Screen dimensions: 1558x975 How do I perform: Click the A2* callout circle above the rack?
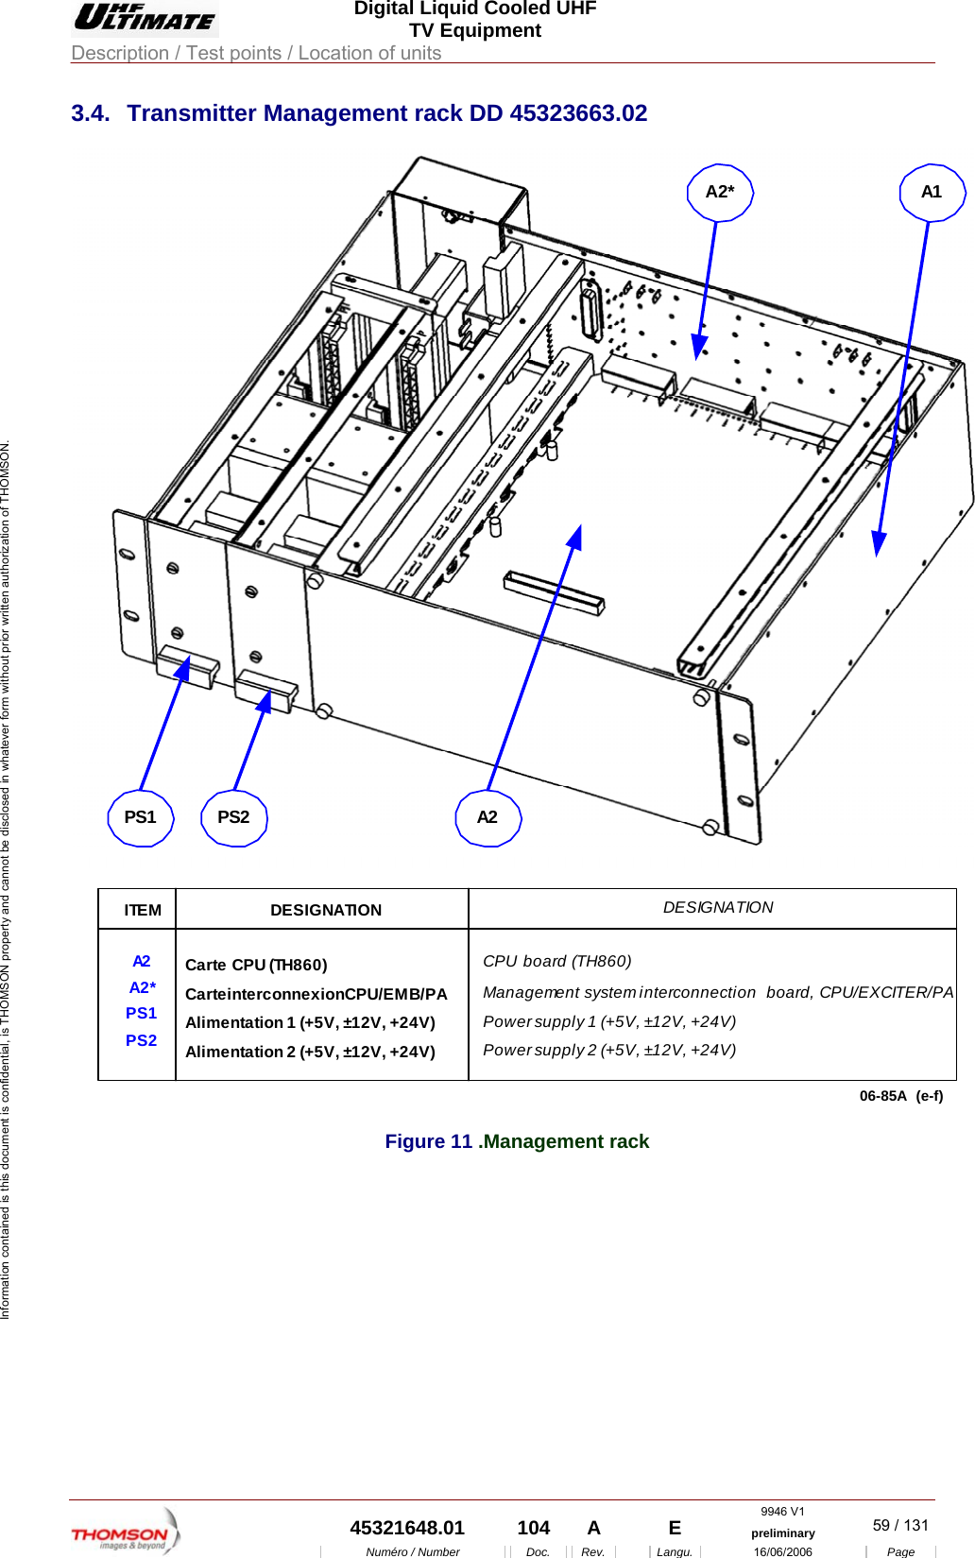[719, 193]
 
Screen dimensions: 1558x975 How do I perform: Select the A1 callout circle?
[932, 193]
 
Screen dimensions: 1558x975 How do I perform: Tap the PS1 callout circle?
[141, 817]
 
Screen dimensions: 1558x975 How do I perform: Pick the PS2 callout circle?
[234, 817]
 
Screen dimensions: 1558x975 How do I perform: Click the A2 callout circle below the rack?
[487, 817]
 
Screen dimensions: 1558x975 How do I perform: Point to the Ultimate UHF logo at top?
[145, 18]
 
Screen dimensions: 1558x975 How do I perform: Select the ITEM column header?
[143, 910]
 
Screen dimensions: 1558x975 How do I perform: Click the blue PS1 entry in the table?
[142, 1013]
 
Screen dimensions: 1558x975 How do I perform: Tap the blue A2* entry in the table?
[143, 987]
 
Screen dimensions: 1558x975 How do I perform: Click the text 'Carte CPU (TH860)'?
[256, 965]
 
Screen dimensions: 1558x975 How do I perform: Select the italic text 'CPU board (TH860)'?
[556, 961]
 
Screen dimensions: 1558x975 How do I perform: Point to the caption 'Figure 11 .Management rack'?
[517, 1141]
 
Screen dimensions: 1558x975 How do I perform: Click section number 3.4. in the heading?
[90, 113]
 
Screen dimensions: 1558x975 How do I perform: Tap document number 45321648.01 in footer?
[407, 1528]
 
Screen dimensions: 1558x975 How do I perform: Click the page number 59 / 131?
[900, 1525]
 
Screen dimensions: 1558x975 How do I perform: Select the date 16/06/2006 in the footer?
[782, 1551]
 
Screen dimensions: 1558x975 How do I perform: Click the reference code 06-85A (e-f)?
[900, 1096]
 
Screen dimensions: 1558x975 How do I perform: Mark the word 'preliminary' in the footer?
[782, 1533]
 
